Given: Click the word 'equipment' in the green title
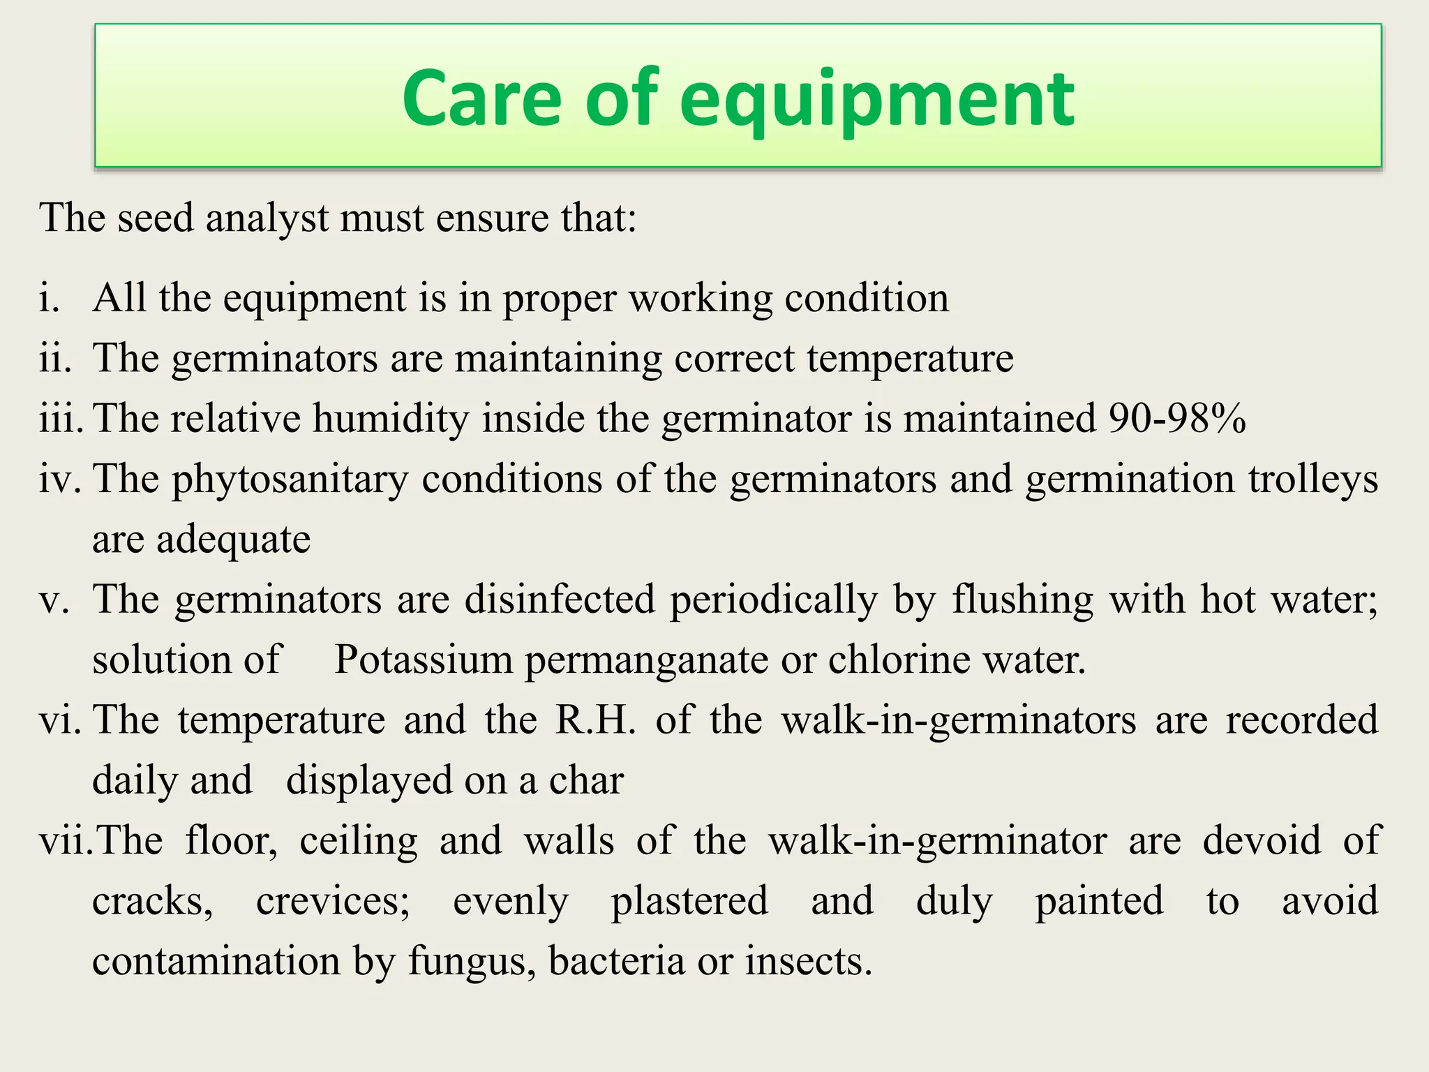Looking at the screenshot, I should pyautogui.click(x=877, y=100).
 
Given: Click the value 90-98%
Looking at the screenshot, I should pyautogui.click(x=1177, y=419).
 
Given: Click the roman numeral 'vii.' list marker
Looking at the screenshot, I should pyautogui.click(x=64, y=840).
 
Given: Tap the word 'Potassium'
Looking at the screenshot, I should pyautogui.click(x=424, y=660).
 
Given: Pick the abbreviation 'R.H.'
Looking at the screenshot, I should pyautogui.click(x=595, y=720).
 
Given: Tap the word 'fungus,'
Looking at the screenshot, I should pyautogui.click(x=472, y=962).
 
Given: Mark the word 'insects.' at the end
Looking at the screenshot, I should pyautogui.click(x=809, y=961).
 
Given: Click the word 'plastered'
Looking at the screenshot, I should pyautogui.click(x=689, y=901).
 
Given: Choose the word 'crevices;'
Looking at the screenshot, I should pyautogui.click(x=334, y=901).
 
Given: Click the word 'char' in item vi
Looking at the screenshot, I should pyautogui.click(x=586, y=781).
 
